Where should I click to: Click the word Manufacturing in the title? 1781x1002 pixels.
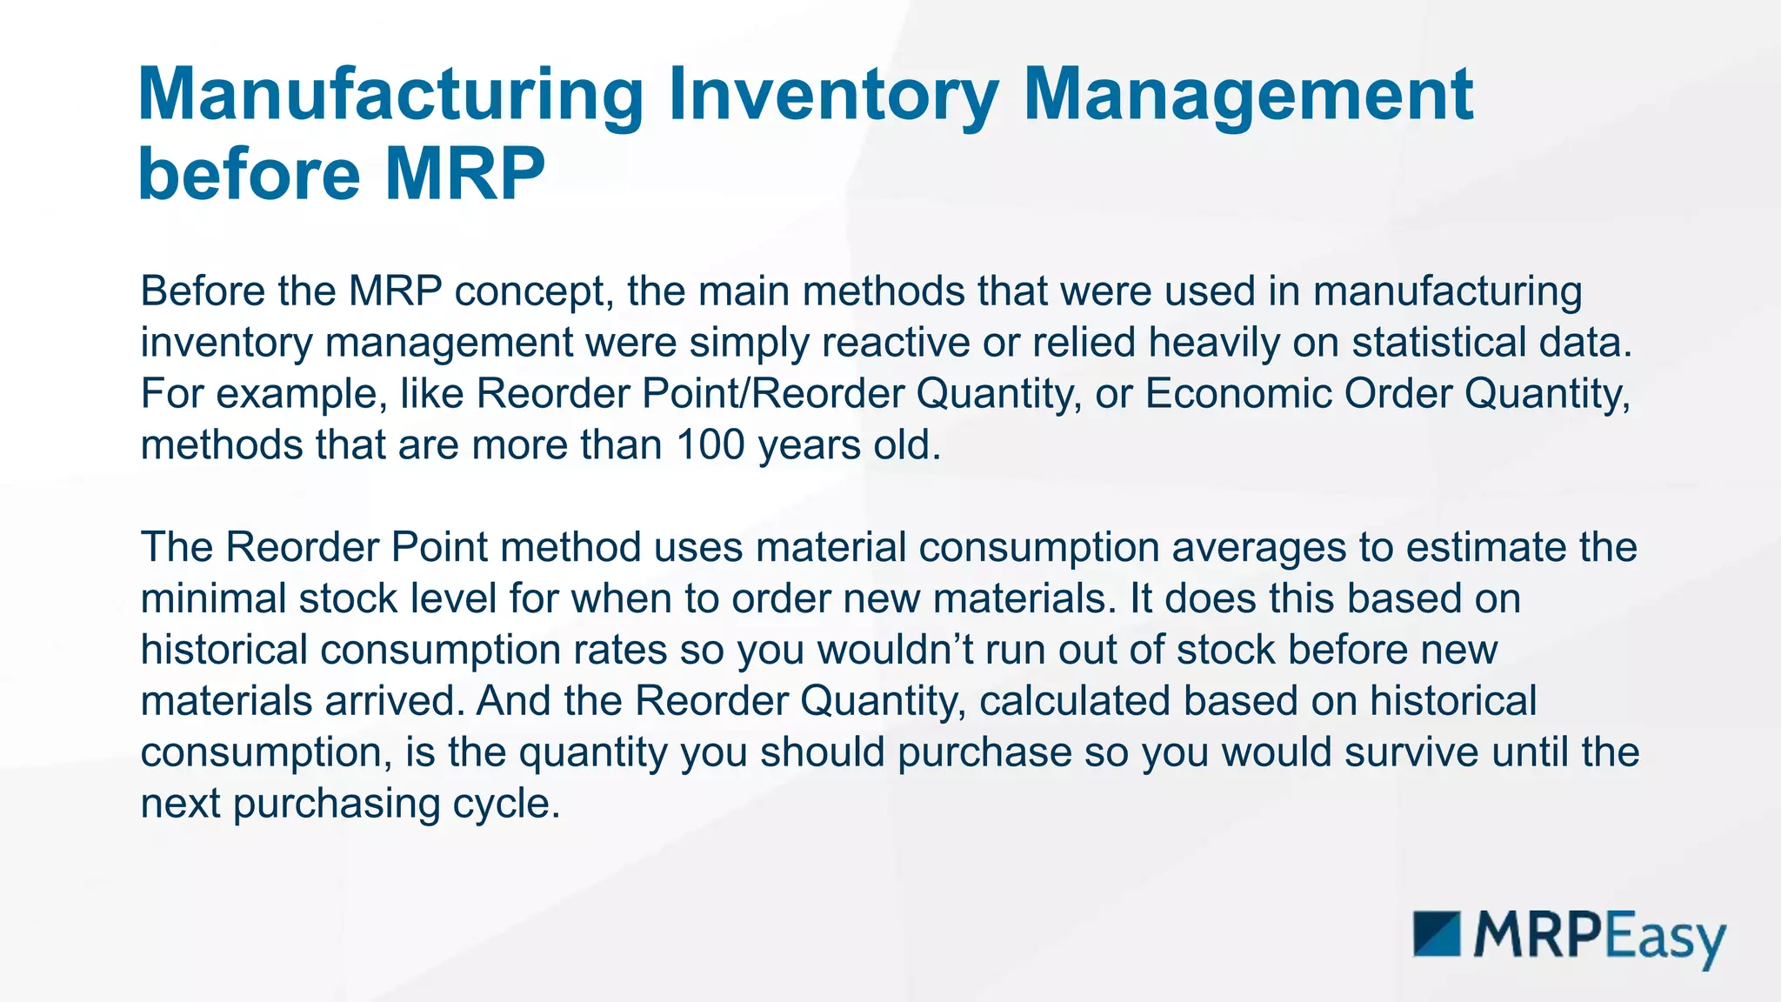tap(390, 96)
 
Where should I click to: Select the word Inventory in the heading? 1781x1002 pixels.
tap(832, 96)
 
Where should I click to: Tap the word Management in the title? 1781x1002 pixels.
tap(1248, 96)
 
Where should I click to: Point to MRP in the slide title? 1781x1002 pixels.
tap(464, 174)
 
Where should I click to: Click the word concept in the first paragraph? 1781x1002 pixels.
tap(529, 291)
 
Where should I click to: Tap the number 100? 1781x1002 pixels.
tap(710, 445)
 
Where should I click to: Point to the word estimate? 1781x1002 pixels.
tap(1480, 548)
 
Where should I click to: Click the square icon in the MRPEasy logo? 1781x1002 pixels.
tap(1437, 934)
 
